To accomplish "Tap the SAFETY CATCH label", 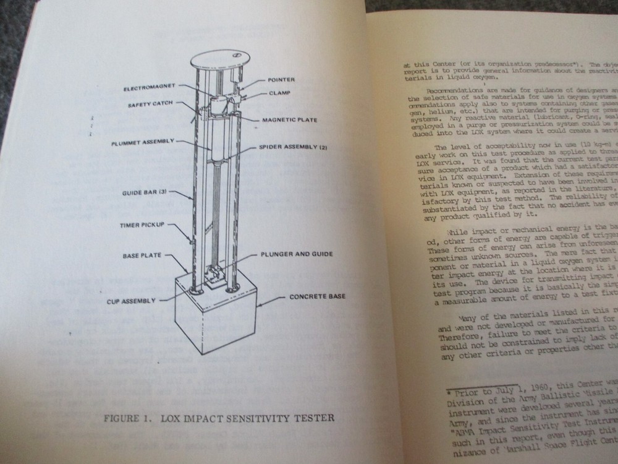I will pos(150,104).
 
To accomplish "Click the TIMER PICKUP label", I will pos(142,225).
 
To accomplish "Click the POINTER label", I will pos(281,80).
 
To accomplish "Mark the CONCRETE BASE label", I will pos(318,296).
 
